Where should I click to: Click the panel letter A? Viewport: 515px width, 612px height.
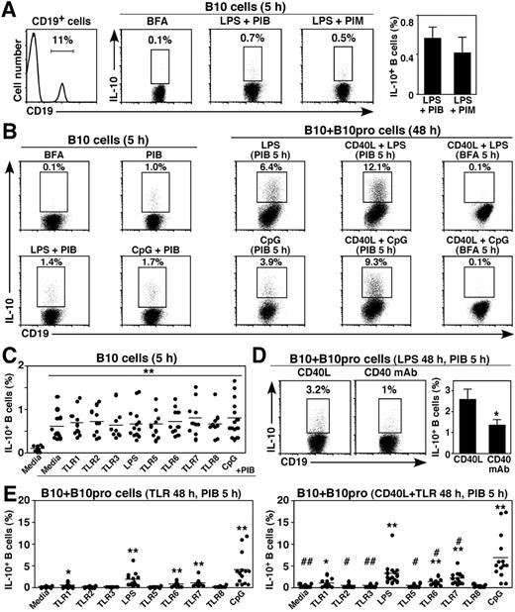[9, 9]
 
